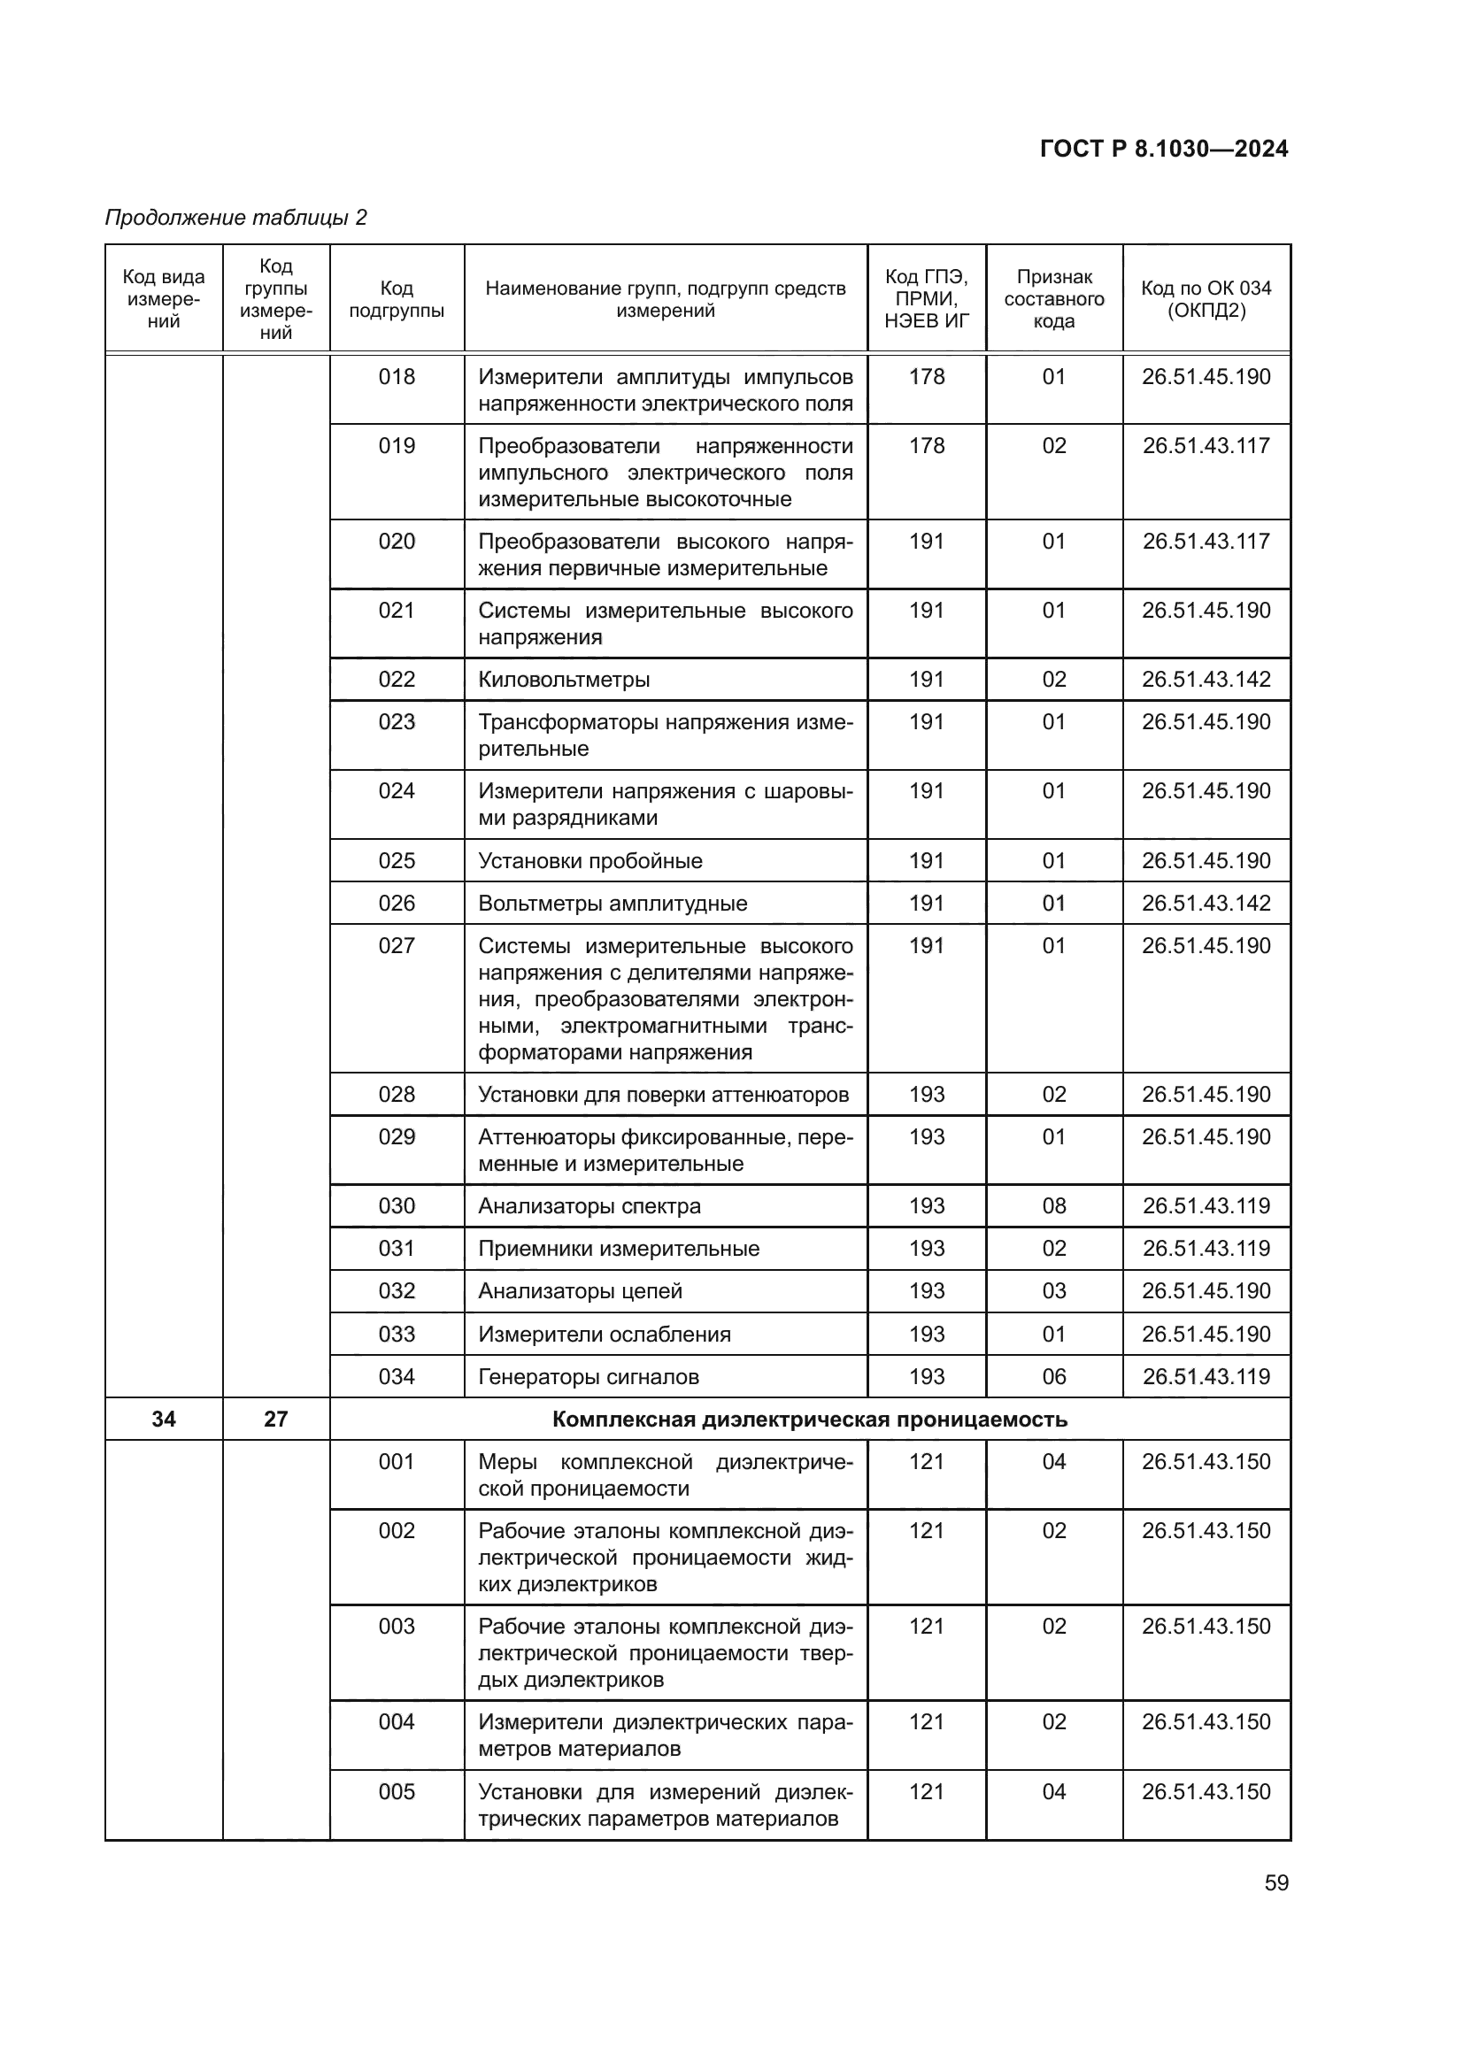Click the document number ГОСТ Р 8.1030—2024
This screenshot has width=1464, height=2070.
(1163, 149)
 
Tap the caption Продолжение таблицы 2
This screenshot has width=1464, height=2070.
(236, 218)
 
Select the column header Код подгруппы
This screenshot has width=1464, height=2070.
(397, 299)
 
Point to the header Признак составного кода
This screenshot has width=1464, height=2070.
(1054, 299)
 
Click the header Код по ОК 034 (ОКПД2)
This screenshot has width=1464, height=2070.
(1206, 299)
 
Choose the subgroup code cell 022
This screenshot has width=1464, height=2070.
(397, 680)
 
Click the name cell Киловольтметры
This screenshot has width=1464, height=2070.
(564, 680)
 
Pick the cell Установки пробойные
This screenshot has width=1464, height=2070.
(589, 861)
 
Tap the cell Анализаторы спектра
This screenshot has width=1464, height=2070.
(589, 1206)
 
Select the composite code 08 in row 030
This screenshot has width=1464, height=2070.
(1054, 1206)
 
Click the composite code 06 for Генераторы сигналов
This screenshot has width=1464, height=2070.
(1054, 1377)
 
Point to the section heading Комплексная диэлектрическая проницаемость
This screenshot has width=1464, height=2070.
(809, 1420)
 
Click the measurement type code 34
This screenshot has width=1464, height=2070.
(163, 1420)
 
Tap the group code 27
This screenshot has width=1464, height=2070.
(276, 1420)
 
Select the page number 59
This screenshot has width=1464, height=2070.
(1276, 1883)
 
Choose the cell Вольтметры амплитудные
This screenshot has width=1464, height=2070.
(613, 904)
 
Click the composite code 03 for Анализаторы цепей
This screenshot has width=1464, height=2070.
(1054, 1291)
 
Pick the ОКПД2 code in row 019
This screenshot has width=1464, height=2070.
(1206, 446)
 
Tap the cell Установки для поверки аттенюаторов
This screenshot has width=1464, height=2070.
(663, 1095)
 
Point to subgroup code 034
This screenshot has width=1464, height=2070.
(397, 1377)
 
